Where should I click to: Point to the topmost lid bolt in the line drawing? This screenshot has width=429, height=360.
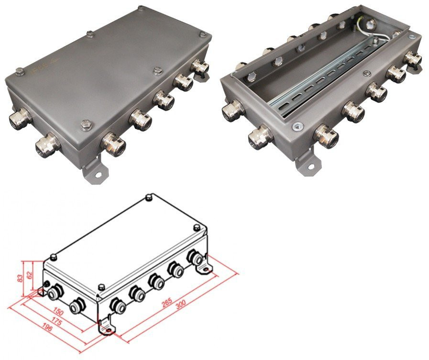(x=148, y=197)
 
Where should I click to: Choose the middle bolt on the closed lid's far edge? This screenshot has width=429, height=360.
(x=89, y=34)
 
